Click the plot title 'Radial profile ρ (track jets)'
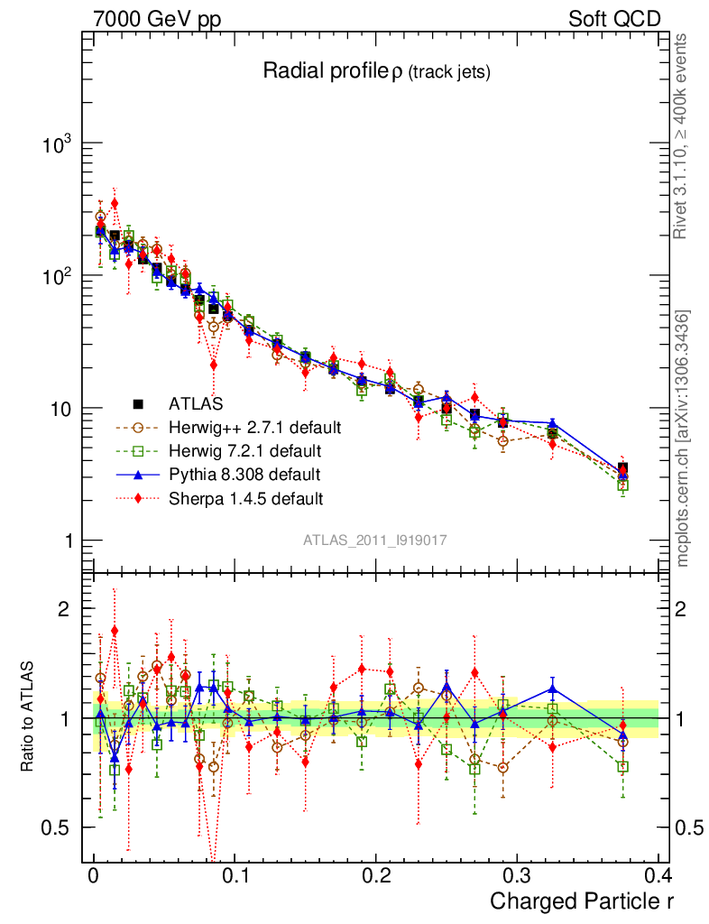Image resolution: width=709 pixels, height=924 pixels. [376, 72]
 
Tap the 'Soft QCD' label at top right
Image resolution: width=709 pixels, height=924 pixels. [614, 19]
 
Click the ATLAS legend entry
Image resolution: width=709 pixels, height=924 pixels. [196, 404]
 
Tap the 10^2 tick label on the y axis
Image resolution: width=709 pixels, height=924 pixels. [55, 276]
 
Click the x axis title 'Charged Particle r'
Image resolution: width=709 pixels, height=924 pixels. [582, 901]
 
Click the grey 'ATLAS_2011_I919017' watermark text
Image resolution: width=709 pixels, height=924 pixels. [375, 540]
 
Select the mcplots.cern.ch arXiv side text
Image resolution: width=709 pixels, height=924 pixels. [683, 438]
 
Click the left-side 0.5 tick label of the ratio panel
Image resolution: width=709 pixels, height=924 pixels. [59, 828]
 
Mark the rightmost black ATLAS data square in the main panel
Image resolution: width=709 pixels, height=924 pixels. [622, 468]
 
